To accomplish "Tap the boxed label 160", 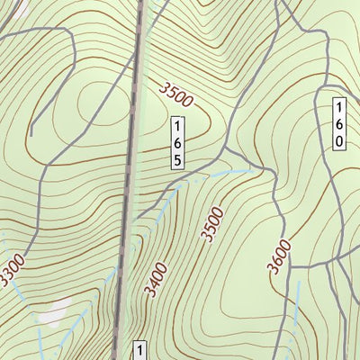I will tap(339, 123).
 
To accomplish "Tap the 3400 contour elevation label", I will tap(154, 279).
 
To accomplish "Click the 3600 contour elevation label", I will tap(279, 256).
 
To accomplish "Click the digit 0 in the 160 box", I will tap(339, 140).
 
